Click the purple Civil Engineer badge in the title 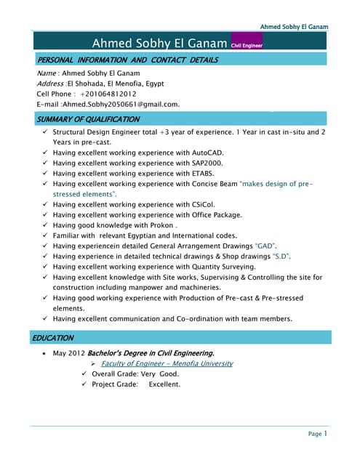click(247, 45)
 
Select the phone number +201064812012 click(108, 94)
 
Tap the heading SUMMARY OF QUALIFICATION click(88, 119)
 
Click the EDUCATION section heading click(55, 338)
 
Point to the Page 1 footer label click(318, 434)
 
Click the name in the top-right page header click(294, 27)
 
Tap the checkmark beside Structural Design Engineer click(46, 133)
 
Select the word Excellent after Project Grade click(164, 384)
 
